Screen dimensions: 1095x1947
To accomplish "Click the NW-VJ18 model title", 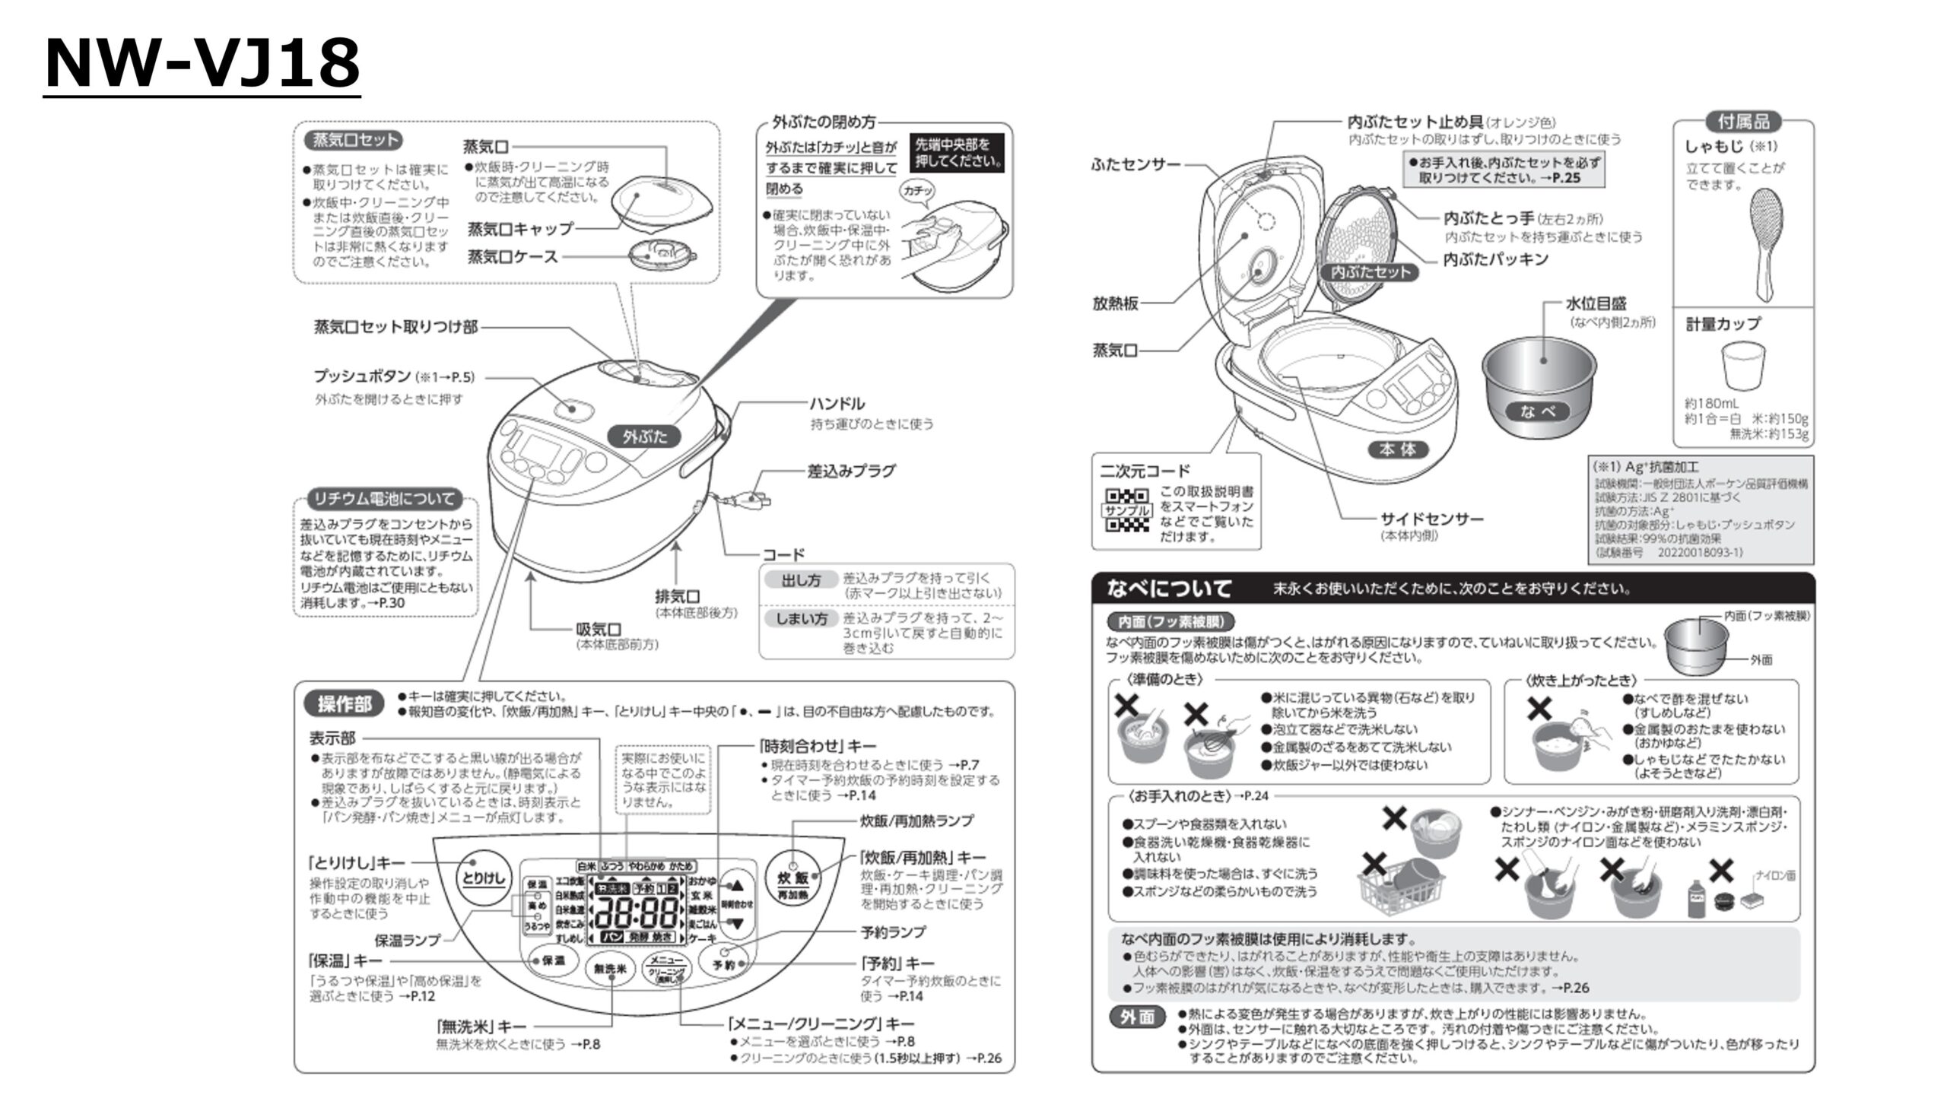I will tap(202, 64).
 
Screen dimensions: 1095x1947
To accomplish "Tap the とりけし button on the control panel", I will tap(484, 878).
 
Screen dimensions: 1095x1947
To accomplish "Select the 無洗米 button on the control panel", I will tap(610, 969).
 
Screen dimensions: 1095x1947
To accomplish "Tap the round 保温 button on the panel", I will tap(553, 960).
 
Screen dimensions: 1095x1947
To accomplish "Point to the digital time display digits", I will tap(637, 910).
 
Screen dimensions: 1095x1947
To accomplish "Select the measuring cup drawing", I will tap(1743, 366).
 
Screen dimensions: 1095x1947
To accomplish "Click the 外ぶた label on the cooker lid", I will tap(645, 436).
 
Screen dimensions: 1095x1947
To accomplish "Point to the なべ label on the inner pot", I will tap(1538, 411).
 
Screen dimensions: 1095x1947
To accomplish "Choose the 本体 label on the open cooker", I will tap(1398, 449).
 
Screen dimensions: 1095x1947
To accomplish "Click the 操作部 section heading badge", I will tap(345, 703).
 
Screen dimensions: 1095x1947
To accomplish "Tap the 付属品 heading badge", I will tap(1743, 122).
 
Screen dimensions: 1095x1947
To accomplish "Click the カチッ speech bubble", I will tap(917, 190).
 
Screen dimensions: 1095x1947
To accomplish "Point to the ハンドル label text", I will tap(837, 404).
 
